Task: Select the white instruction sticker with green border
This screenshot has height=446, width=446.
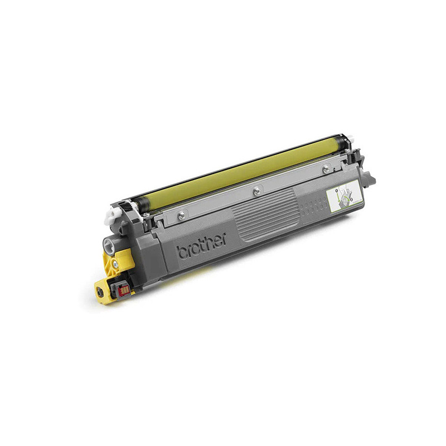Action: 344,195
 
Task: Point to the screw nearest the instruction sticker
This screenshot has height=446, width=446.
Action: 326,168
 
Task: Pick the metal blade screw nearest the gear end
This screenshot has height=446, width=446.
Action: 181,216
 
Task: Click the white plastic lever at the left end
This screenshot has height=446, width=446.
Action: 112,215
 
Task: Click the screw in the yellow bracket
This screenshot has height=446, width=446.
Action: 115,264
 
